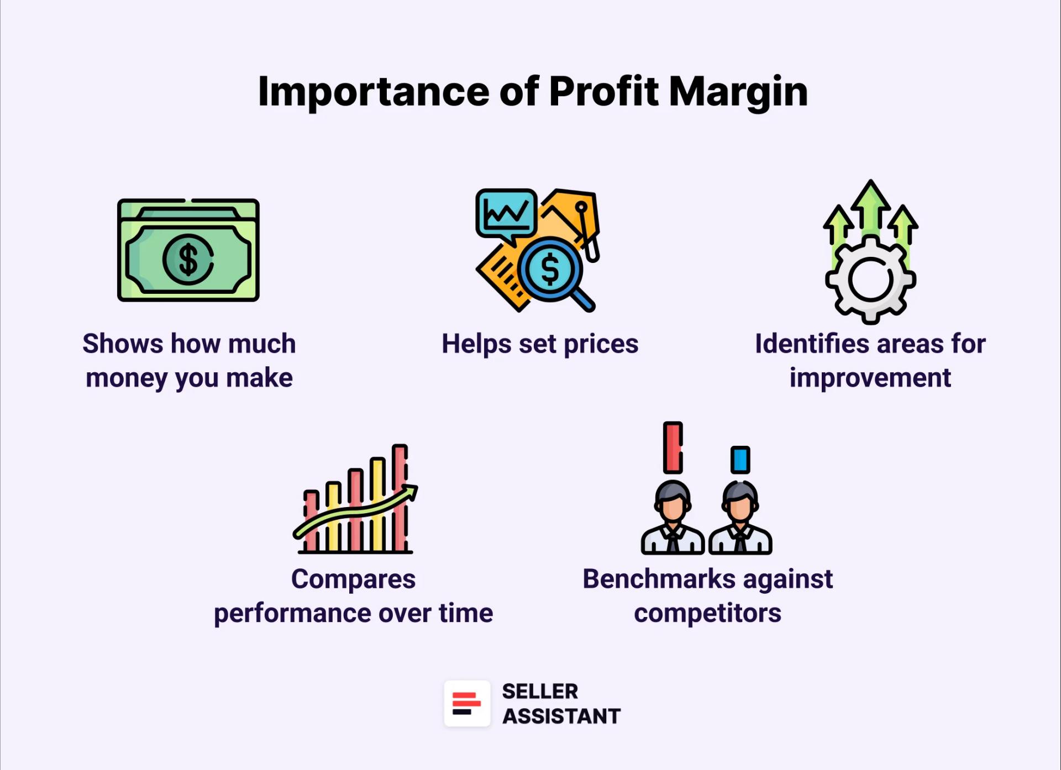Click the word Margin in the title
click(738, 92)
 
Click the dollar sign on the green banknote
click(188, 259)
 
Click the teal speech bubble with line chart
click(506, 213)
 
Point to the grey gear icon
click(870, 279)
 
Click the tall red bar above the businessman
click(673, 447)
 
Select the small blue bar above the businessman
click(740, 460)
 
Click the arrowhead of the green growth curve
click(410, 492)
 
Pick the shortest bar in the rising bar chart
click(311, 519)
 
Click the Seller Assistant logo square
click(467, 703)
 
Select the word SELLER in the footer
click(540, 691)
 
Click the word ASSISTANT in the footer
click(561, 716)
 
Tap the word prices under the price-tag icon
click(601, 344)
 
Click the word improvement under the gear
click(870, 378)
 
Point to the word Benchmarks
click(659, 579)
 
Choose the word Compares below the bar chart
click(353, 579)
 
